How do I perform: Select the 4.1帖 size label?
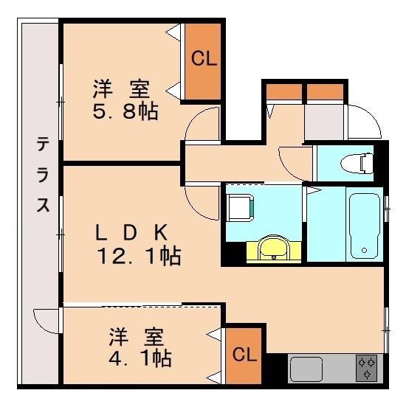pyautogui.click(x=140, y=359)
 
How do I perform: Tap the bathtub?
pyautogui.click(x=365, y=224)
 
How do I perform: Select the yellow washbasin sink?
pyautogui.click(x=274, y=248)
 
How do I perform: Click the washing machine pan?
pyautogui.click(x=241, y=206)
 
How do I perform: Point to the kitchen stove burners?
pyautogui.click(x=366, y=367)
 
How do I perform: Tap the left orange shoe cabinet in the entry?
pyautogui.click(x=283, y=91)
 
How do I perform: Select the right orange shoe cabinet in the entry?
pyautogui.click(x=325, y=91)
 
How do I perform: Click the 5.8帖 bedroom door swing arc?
pyautogui.click(x=200, y=125)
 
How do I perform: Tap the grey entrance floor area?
pyautogui.click(x=325, y=122)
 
